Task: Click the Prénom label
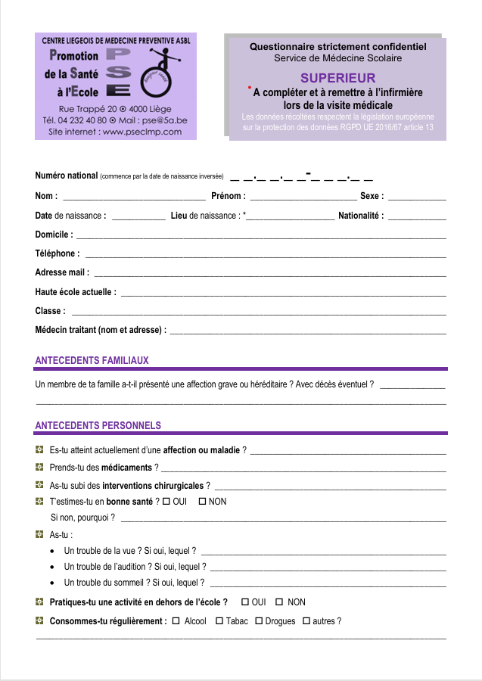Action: tap(228, 197)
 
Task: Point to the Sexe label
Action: tap(372, 197)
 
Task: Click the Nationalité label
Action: tap(360, 216)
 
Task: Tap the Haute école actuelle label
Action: tap(76, 292)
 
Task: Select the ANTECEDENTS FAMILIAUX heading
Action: tap(92, 361)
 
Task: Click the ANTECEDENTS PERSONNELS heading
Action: tap(98, 426)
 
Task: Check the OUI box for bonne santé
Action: tap(166, 502)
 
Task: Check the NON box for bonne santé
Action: tap(202, 502)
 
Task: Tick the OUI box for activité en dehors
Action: tap(244, 602)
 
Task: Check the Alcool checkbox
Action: tap(176, 621)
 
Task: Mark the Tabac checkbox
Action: tap(219, 621)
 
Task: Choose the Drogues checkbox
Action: tap(258, 621)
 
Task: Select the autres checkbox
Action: tap(306, 621)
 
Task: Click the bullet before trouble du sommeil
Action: tap(51, 583)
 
